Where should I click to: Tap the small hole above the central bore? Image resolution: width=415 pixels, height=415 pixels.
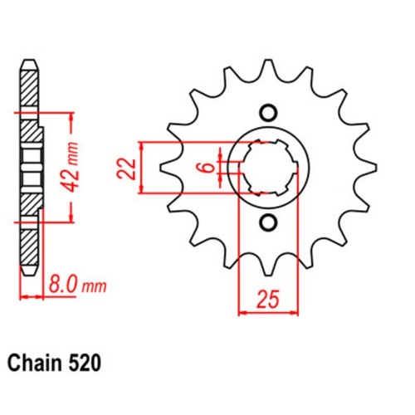point(267,112)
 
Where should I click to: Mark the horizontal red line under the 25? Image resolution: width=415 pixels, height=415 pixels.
point(267,314)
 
